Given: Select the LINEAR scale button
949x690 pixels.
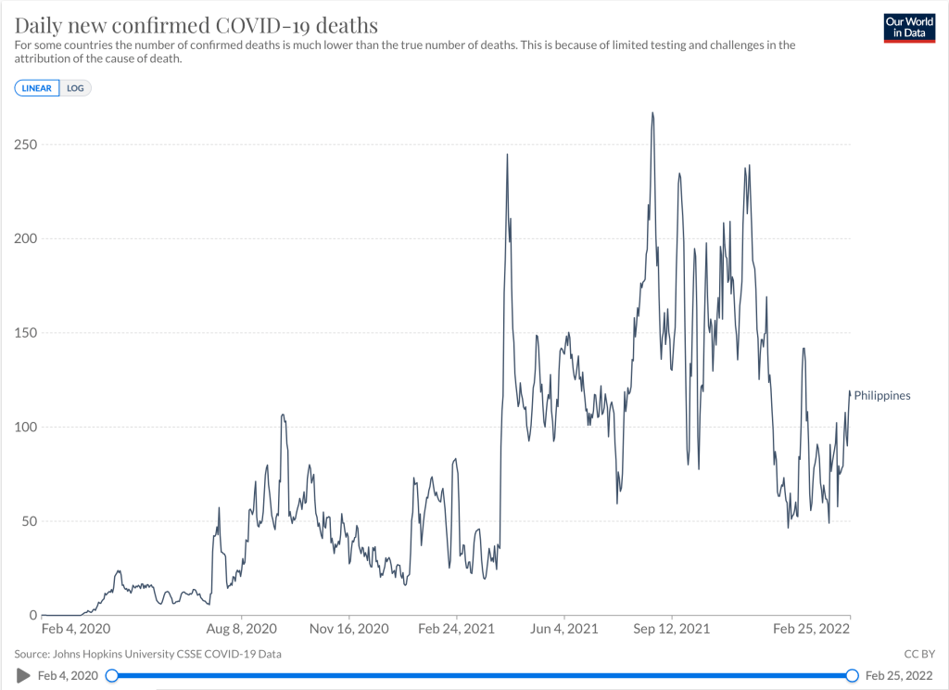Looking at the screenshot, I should tap(37, 88).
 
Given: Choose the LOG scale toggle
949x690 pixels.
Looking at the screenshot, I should tap(75, 88).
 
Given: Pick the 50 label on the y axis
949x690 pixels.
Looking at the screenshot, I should tap(29, 521).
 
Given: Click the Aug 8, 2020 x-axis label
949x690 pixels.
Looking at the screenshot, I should tap(241, 629).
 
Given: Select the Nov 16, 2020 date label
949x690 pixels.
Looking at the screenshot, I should tap(349, 629).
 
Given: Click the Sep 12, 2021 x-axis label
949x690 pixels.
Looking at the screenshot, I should tap(673, 629).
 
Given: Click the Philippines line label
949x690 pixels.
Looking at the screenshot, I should tap(881, 396).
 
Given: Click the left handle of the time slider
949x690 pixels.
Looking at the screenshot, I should tap(112, 676).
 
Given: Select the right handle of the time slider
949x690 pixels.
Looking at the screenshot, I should tap(852, 676).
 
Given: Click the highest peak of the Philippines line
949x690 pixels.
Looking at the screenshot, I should tap(652, 113).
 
